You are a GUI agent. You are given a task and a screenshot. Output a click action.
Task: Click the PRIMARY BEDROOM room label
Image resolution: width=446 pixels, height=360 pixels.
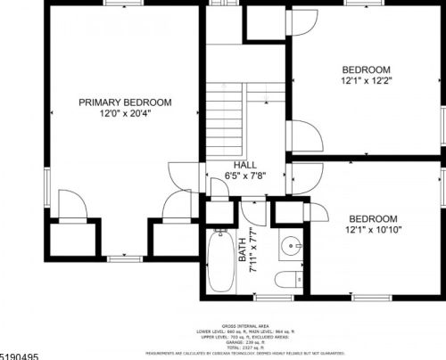(125, 102)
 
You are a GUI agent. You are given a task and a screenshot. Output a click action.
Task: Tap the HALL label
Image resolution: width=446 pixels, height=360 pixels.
(245, 166)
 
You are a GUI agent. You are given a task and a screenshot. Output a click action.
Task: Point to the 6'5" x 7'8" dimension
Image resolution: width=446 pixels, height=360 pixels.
(245, 176)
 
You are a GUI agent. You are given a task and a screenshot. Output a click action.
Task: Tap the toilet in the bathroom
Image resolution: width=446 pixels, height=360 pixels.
(286, 277)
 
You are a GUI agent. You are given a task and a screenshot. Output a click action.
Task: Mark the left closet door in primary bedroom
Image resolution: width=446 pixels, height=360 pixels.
(72, 206)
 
